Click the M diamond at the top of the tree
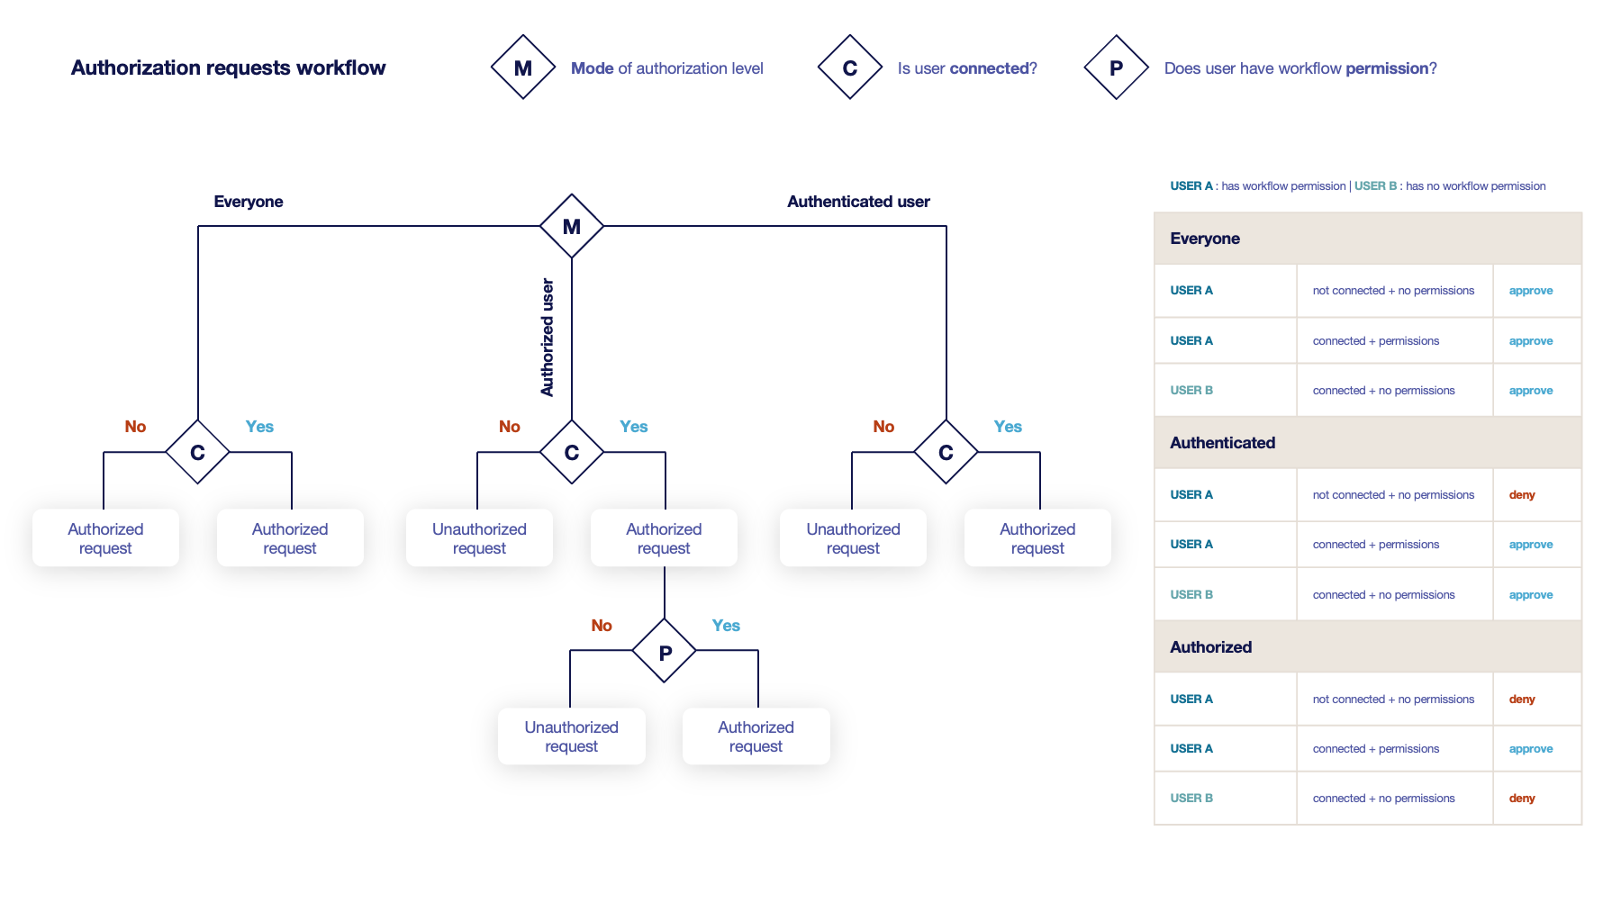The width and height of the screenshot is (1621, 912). (572, 226)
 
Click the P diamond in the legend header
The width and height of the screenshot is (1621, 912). (1116, 68)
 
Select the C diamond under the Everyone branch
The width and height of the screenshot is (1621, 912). (197, 452)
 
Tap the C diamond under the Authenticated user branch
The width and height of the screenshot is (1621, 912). (946, 452)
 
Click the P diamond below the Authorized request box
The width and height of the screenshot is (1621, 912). (665, 651)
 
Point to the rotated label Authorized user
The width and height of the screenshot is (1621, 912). (548, 338)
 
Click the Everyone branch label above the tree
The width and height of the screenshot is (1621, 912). (249, 202)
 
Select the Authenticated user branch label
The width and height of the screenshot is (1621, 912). (858, 202)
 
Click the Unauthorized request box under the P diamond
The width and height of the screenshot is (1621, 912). (571, 736)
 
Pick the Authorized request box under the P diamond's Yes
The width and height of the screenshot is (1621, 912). (756, 736)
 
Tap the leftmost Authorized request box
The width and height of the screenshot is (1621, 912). (105, 538)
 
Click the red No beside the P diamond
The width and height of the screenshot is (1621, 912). (602, 626)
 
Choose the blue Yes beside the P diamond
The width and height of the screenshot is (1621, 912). (726, 626)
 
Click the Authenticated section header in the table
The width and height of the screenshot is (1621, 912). (1222, 443)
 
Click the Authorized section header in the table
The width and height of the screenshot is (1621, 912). (1210, 647)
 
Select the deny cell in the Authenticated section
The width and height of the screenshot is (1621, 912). (1522, 495)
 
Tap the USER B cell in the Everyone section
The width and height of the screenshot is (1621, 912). (1191, 391)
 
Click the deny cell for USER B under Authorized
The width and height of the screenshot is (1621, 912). (1522, 799)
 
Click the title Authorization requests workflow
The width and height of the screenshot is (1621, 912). (228, 68)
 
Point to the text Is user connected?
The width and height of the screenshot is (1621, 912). (967, 68)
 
